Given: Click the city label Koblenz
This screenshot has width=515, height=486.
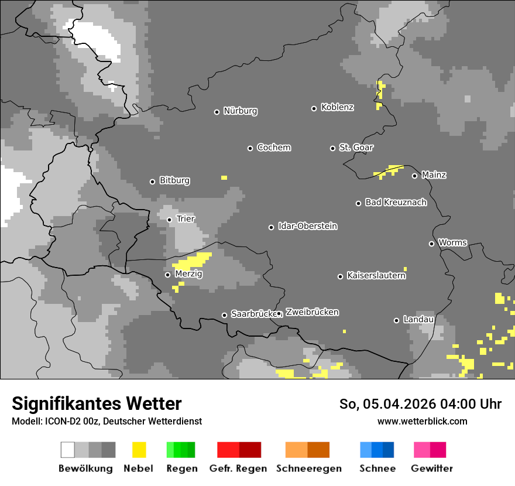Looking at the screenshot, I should point(337,107).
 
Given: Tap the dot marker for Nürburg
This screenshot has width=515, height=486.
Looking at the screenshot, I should point(217,112).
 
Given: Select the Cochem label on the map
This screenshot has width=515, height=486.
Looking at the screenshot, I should point(274,148).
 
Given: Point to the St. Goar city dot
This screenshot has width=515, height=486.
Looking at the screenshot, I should point(332,148).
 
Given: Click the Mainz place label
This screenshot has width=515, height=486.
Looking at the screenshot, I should point(434,175).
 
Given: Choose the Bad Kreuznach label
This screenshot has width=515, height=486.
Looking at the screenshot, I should point(396,203).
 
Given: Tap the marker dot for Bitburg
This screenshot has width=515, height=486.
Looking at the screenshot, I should point(152,182).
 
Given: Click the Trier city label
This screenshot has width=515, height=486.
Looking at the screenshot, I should point(186,219).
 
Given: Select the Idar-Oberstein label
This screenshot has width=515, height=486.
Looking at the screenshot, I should point(308,226).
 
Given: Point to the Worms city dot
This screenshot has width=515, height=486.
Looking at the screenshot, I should point(431,244).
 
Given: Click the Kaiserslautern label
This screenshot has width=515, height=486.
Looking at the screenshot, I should point(376,275).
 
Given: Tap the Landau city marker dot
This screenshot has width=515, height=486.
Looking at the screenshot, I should point(396,320).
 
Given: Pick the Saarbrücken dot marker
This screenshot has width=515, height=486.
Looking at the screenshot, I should point(224,315).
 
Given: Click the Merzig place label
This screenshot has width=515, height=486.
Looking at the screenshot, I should point(188,273).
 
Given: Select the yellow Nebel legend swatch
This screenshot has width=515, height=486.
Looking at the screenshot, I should point(139,450).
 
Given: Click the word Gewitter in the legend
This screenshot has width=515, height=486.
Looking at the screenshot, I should point(432,468).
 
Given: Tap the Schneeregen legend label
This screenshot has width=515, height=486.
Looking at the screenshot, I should point(309,468).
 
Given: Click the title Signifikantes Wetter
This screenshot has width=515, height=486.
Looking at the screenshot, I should point(97,403).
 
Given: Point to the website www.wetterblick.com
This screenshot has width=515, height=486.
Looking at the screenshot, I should point(422,421).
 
